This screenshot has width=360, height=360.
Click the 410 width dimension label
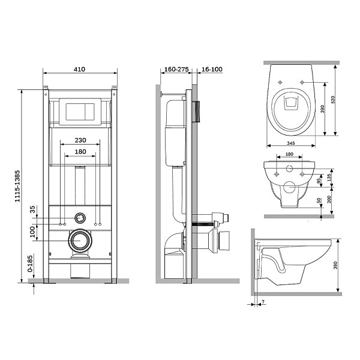tap(79, 69)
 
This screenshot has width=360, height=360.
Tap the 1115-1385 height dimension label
tap(17, 186)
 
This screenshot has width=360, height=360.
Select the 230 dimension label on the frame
tap(80, 140)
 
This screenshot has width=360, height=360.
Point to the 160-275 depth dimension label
tap(176, 69)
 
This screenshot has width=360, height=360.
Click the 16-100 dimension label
tap(212, 69)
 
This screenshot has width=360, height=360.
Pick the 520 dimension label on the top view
tap(333, 100)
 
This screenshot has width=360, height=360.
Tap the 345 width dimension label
tap(290, 143)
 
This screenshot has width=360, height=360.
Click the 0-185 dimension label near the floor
tap(30, 263)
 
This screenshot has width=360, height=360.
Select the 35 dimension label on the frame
tap(32, 209)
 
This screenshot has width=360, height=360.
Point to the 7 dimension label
tap(263, 301)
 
